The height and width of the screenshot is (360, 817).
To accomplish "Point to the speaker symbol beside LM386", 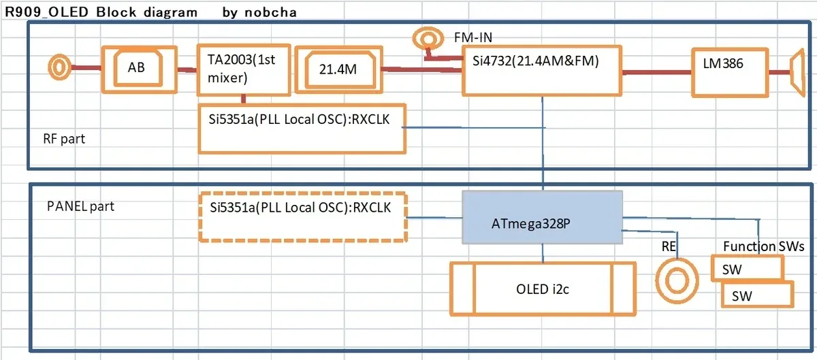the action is pos(798,73).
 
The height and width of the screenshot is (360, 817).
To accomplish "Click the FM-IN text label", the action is pos(473,37).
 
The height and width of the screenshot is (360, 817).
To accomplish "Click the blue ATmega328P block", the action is pos(542,217).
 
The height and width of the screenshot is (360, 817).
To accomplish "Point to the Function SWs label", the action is pos(763,246).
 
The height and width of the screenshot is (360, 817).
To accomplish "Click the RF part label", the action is pos(64,139).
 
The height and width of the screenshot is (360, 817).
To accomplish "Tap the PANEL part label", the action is pos(80,206).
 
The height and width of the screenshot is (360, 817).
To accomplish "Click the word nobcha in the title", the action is pos(270,12).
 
